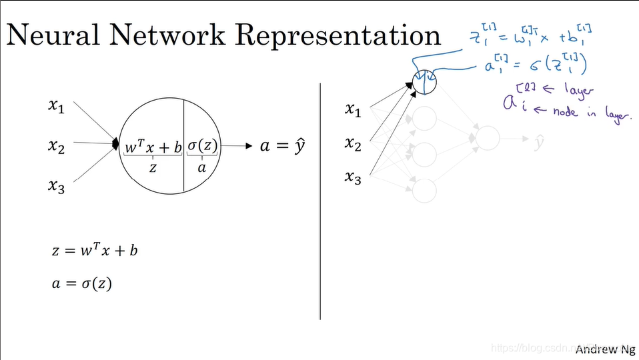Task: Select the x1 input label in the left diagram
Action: click(x=56, y=105)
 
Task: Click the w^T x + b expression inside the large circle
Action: click(x=153, y=147)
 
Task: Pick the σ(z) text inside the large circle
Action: click(x=201, y=146)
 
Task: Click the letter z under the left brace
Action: click(x=153, y=167)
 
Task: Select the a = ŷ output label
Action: click(x=282, y=146)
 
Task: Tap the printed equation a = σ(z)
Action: click(x=81, y=283)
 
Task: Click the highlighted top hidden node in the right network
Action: click(x=424, y=83)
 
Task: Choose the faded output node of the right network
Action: click(x=487, y=137)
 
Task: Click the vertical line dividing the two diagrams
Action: click(x=321, y=200)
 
